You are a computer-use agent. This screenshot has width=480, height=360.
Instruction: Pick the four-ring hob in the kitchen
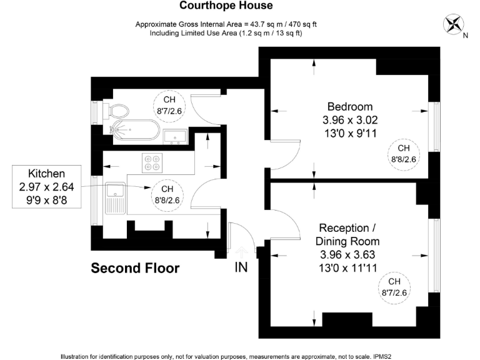coord(152,162)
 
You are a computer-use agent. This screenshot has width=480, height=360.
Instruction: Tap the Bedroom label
coord(349,106)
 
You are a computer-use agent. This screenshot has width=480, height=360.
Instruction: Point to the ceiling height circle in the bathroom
coord(169,106)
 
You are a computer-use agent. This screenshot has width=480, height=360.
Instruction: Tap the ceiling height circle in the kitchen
coord(167,195)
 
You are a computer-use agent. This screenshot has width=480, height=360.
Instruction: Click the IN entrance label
coord(241,267)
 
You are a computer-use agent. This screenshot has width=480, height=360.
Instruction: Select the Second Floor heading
coord(135,269)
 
